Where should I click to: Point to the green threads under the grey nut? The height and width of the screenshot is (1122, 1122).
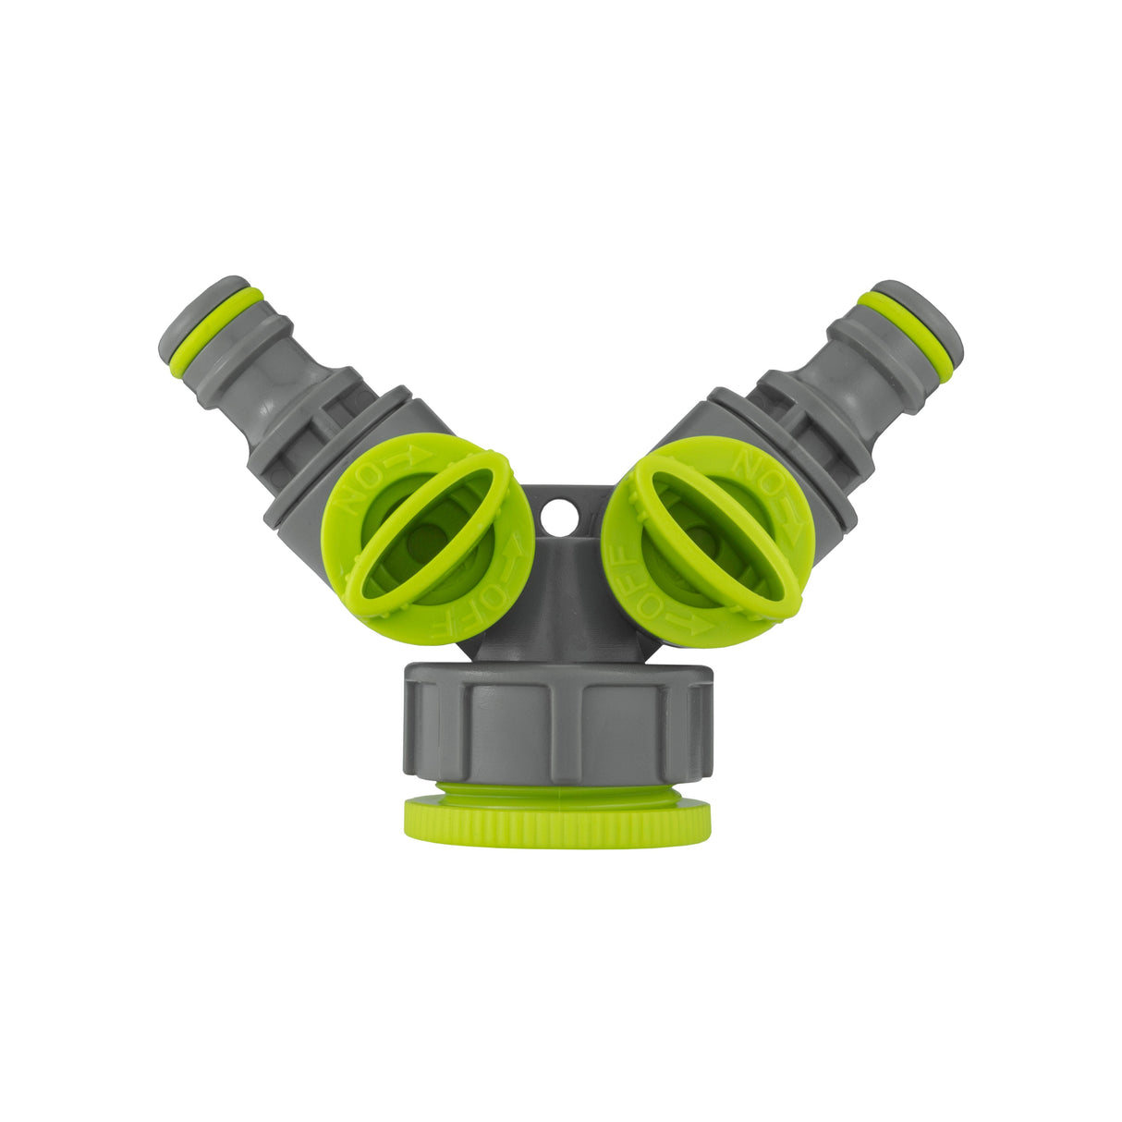pos(557,792)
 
